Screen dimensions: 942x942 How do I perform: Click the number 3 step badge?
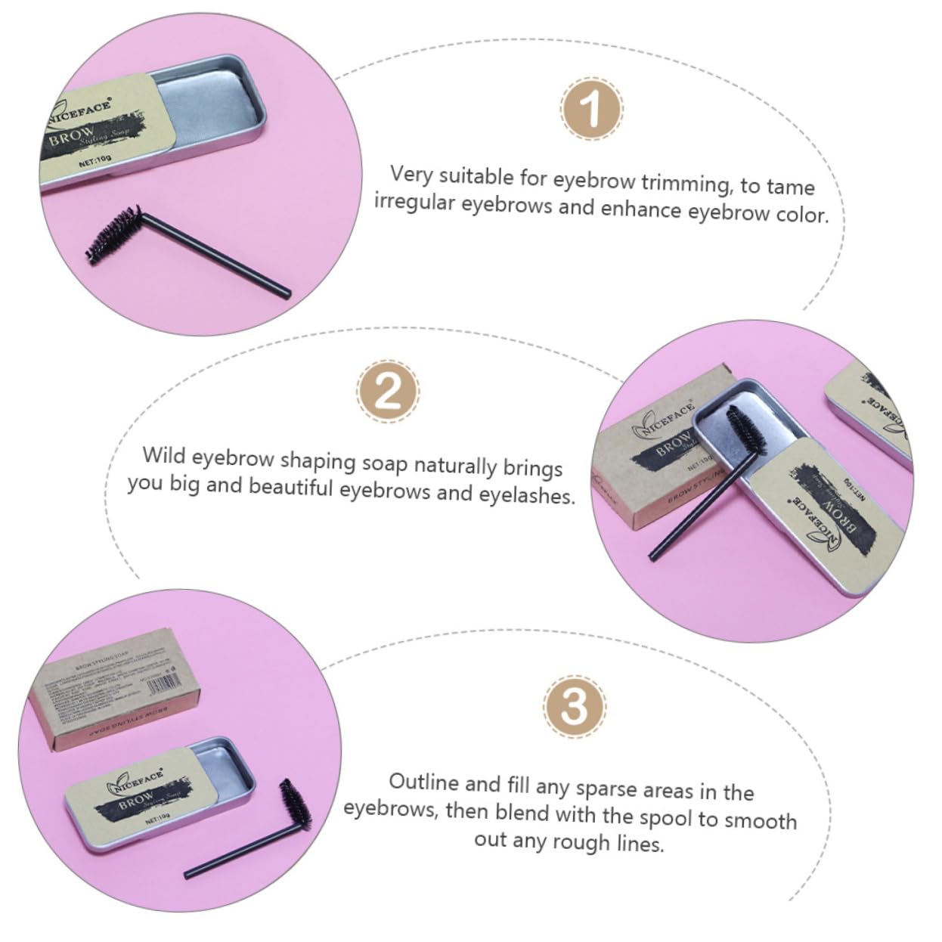pyautogui.click(x=574, y=706)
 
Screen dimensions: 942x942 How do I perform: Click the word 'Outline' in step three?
pyautogui.click(x=423, y=782)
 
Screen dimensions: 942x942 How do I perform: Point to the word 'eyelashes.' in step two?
pyautogui.click(x=526, y=495)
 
